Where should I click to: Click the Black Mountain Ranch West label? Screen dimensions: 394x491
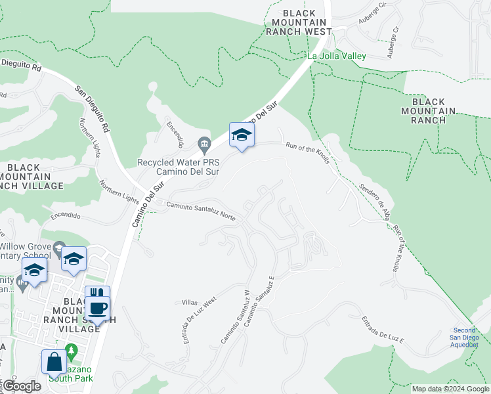pos(299,22)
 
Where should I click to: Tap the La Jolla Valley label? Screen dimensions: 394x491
pos(337,56)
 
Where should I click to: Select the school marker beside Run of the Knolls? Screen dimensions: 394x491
pos(242,136)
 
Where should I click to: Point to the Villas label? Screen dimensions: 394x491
pos(189,303)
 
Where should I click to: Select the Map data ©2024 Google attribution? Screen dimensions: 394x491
pos(450,389)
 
